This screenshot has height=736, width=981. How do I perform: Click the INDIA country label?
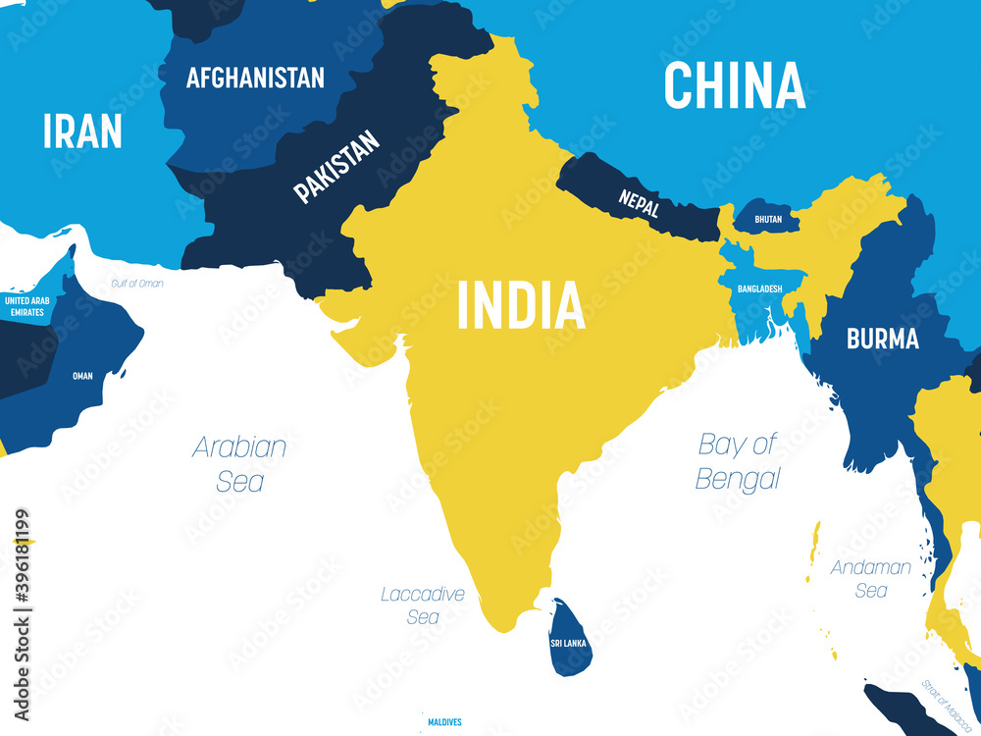(521, 305)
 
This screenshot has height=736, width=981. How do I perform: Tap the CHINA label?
(735, 85)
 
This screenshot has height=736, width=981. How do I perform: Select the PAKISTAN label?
(336, 168)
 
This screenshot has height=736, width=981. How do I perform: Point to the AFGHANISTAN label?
(255, 78)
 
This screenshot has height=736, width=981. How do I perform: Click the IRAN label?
(82, 131)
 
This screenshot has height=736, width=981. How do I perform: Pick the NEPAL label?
(639, 203)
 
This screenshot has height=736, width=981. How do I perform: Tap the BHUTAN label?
(768, 219)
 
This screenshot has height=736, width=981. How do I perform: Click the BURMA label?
(883, 340)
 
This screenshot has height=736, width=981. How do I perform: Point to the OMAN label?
(82, 375)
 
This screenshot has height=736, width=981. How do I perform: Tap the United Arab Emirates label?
(27, 305)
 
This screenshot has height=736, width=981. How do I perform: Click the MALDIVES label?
(444, 722)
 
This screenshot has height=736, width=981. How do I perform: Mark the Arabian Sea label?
(240, 463)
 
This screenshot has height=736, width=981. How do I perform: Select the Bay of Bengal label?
(738, 461)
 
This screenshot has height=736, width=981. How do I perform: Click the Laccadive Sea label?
(423, 605)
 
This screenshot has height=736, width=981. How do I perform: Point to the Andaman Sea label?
(870, 578)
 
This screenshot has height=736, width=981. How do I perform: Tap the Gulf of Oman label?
(136, 284)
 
